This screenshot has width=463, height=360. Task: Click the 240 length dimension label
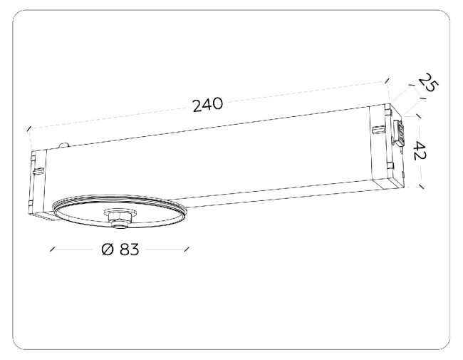click(x=207, y=105)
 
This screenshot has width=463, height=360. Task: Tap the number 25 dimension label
click(x=428, y=83)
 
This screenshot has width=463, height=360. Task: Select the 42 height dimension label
click(x=420, y=150)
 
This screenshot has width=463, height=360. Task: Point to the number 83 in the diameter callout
click(x=129, y=250)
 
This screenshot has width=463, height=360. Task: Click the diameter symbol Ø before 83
click(x=108, y=250)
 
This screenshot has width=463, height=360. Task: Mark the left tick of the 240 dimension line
click(x=28, y=129)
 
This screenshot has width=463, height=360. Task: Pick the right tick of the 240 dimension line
click(x=387, y=81)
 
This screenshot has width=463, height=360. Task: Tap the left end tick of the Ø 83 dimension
click(x=53, y=250)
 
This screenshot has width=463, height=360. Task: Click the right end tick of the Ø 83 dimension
click(x=187, y=250)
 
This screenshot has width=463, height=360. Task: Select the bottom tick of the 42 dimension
click(x=422, y=187)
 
